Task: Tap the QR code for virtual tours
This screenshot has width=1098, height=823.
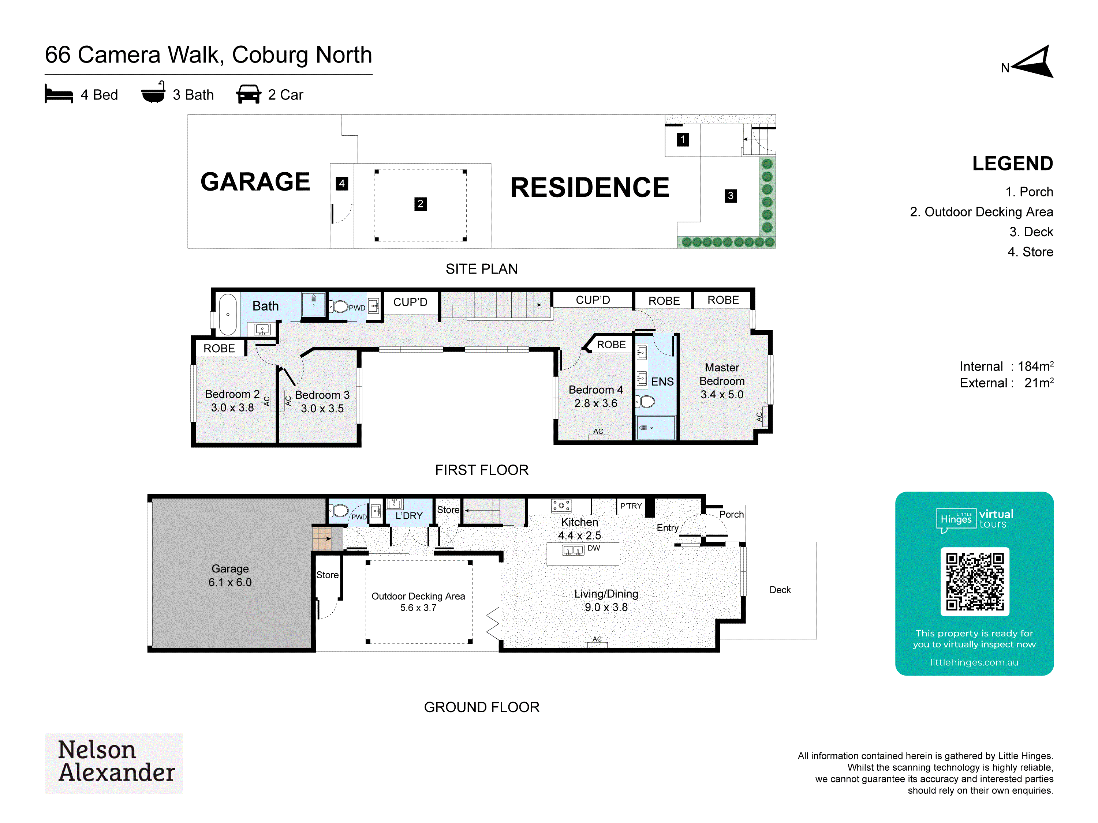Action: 974,582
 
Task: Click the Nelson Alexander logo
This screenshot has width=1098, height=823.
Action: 114,763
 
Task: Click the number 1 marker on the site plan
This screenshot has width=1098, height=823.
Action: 683,139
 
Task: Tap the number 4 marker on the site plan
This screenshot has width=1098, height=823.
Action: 341,184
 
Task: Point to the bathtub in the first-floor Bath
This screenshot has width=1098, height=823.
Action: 228,315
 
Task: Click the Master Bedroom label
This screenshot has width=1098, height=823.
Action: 722,374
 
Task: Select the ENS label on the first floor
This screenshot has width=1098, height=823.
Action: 662,382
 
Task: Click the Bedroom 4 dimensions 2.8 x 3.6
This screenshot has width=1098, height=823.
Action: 595,403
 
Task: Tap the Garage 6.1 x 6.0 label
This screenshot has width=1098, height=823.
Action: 230,575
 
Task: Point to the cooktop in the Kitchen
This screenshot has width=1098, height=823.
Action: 561,506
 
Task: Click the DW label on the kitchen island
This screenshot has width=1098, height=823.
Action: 594,548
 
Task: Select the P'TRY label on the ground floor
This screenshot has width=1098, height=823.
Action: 631,506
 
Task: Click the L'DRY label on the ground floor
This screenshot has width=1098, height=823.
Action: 408,516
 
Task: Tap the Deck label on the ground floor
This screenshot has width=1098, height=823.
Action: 780,590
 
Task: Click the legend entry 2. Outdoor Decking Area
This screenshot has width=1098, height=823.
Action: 981,212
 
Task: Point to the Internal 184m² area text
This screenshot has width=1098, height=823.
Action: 1006,366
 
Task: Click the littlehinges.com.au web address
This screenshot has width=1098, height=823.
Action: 974,662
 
